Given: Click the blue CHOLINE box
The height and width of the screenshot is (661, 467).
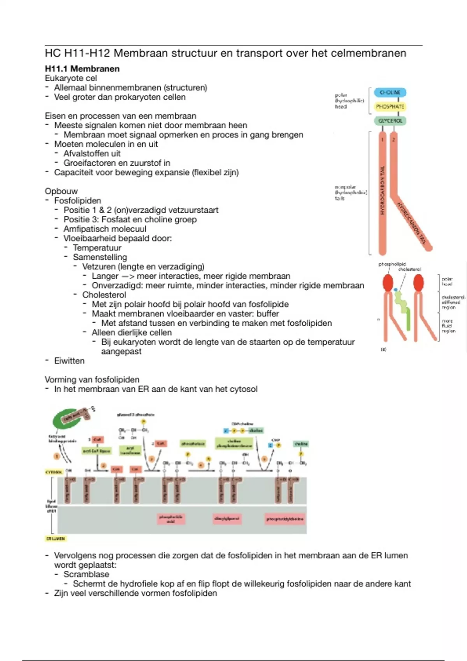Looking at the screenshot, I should point(390,93).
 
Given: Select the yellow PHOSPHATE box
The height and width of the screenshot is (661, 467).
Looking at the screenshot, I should point(390,107).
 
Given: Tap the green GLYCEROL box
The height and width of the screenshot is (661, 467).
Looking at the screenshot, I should point(390,121).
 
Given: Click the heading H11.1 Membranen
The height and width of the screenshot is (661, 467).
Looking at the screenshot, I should point(82,69).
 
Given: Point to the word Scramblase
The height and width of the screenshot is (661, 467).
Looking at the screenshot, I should point(86,574).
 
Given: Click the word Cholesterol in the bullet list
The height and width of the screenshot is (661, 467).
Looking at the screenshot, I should point(104,295).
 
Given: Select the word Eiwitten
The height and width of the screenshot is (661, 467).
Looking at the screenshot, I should point(69,361).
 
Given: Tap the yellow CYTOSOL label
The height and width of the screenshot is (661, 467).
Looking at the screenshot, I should point(54,472).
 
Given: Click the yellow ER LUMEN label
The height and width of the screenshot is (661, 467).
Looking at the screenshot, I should point(56,539).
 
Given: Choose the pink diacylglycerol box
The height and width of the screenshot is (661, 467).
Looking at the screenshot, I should point(227,519).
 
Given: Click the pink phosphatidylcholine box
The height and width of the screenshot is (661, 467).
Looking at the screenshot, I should point(285,519).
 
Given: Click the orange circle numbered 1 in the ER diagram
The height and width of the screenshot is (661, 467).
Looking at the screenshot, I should point(57,456).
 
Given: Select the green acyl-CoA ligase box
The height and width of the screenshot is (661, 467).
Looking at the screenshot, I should point(97,451).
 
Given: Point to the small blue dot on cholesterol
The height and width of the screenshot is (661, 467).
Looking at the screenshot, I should point(396,290).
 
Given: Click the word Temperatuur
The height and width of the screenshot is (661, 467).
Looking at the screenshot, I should point(97,248).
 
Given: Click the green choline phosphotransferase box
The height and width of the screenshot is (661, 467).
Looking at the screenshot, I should point(234,444).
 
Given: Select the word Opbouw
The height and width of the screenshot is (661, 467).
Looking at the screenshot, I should point(61,191).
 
